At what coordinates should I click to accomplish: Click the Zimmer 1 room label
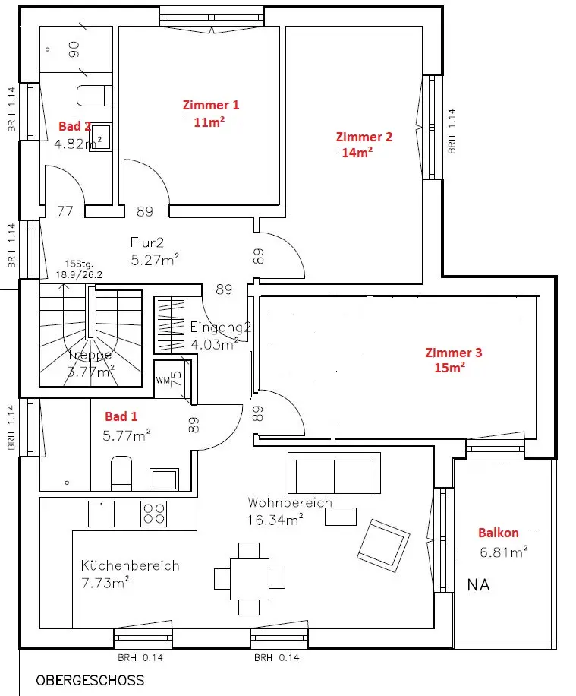click(x=211, y=105)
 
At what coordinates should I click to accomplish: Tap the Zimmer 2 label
click(x=364, y=137)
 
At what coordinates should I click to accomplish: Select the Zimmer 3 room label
click(x=454, y=353)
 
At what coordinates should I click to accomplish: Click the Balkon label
click(x=498, y=533)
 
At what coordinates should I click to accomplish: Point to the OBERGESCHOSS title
click(x=90, y=681)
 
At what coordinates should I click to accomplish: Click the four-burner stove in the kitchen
click(x=153, y=514)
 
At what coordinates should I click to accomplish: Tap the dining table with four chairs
click(x=249, y=579)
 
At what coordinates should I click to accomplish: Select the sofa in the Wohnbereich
click(x=335, y=473)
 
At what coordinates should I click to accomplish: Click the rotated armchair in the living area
click(x=383, y=546)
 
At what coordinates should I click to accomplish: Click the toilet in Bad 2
click(x=94, y=96)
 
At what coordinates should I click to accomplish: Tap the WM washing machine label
click(x=162, y=381)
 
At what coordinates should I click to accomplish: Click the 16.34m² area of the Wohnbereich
click(x=275, y=519)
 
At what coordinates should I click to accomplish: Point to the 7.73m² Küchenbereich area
click(x=105, y=582)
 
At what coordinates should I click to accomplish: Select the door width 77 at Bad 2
click(x=65, y=210)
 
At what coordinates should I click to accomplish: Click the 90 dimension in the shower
click(x=74, y=49)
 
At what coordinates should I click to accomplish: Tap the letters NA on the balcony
click(x=478, y=585)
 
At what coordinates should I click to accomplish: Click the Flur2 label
click(x=146, y=242)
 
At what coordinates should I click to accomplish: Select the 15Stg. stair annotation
click(x=79, y=264)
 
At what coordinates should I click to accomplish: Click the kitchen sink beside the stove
click(x=101, y=514)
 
